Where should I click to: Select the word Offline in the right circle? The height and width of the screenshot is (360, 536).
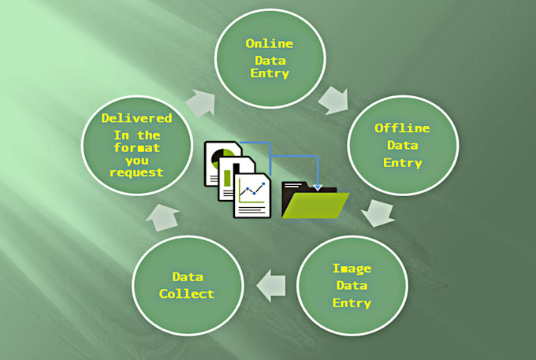402,128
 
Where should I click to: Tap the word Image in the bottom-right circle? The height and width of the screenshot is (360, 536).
352,268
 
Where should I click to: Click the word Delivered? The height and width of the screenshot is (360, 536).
136,118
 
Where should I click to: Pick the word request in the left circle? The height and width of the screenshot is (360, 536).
137,173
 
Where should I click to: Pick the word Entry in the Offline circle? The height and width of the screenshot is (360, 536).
402,163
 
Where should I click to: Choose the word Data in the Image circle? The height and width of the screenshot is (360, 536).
352,285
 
